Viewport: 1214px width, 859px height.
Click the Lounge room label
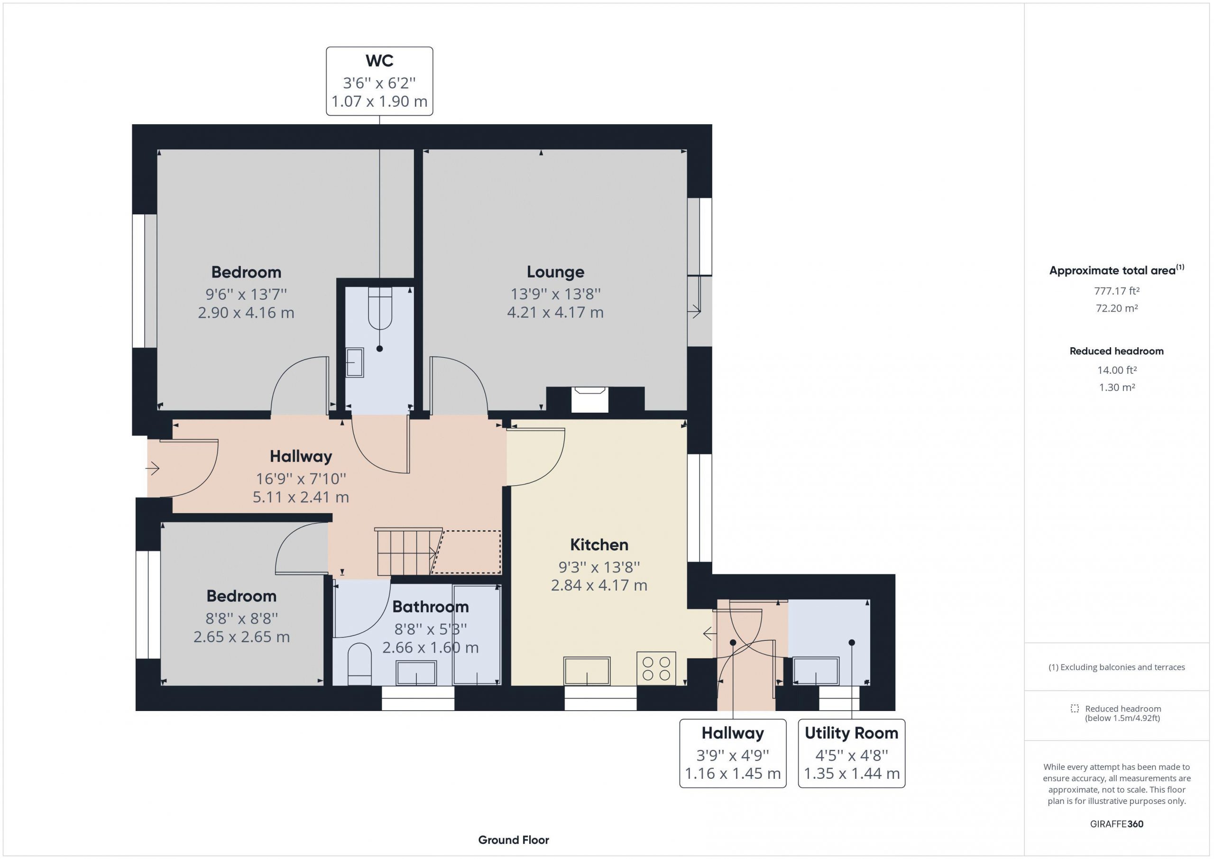coord(555,272)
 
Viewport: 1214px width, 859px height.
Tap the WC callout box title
coord(379,61)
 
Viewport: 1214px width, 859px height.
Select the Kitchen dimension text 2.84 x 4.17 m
coord(599,585)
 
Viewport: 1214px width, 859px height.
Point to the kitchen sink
coord(587,671)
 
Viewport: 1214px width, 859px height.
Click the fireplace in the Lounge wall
coord(589,399)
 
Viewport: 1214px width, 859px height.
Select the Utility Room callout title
coord(851,733)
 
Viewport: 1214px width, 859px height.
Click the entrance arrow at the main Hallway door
coord(152,468)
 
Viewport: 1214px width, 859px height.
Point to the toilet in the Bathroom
coord(360,665)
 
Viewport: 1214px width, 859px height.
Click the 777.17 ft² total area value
coord(1117,291)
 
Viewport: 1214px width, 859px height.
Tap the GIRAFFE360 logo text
coord(1117,823)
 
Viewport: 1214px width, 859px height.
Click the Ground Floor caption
coord(514,840)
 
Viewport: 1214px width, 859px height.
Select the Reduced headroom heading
coord(1117,351)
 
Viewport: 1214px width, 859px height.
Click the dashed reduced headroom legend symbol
coord(1075,708)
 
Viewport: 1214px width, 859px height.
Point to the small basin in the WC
coord(354,362)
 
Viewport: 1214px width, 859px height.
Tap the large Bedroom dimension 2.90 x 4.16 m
coord(246,313)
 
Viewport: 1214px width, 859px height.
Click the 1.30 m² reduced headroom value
coord(1117,387)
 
